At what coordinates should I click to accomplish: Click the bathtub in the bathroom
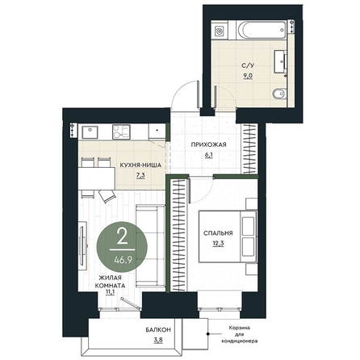point(261,30)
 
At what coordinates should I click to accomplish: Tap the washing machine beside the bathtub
point(220,30)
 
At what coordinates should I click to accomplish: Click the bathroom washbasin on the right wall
point(280,61)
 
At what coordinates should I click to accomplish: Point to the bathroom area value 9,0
point(248,76)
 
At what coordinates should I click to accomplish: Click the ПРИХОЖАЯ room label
point(208,144)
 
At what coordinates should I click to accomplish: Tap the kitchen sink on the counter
point(90,132)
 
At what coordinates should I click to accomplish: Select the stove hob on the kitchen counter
point(121,132)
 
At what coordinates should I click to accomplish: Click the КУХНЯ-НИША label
point(140,165)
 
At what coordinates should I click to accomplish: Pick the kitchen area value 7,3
point(140,176)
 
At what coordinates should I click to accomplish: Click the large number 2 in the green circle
point(123,237)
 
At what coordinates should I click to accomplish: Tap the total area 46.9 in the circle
point(123,260)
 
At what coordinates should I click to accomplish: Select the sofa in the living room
point(150,245)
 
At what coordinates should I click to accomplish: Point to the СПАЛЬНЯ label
point(218,233)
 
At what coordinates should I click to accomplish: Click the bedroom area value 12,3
point(218,244)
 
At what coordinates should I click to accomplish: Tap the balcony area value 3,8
point(158,340)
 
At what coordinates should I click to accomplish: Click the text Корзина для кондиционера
point(239,335)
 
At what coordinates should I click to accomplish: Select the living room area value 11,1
point(111,293)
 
